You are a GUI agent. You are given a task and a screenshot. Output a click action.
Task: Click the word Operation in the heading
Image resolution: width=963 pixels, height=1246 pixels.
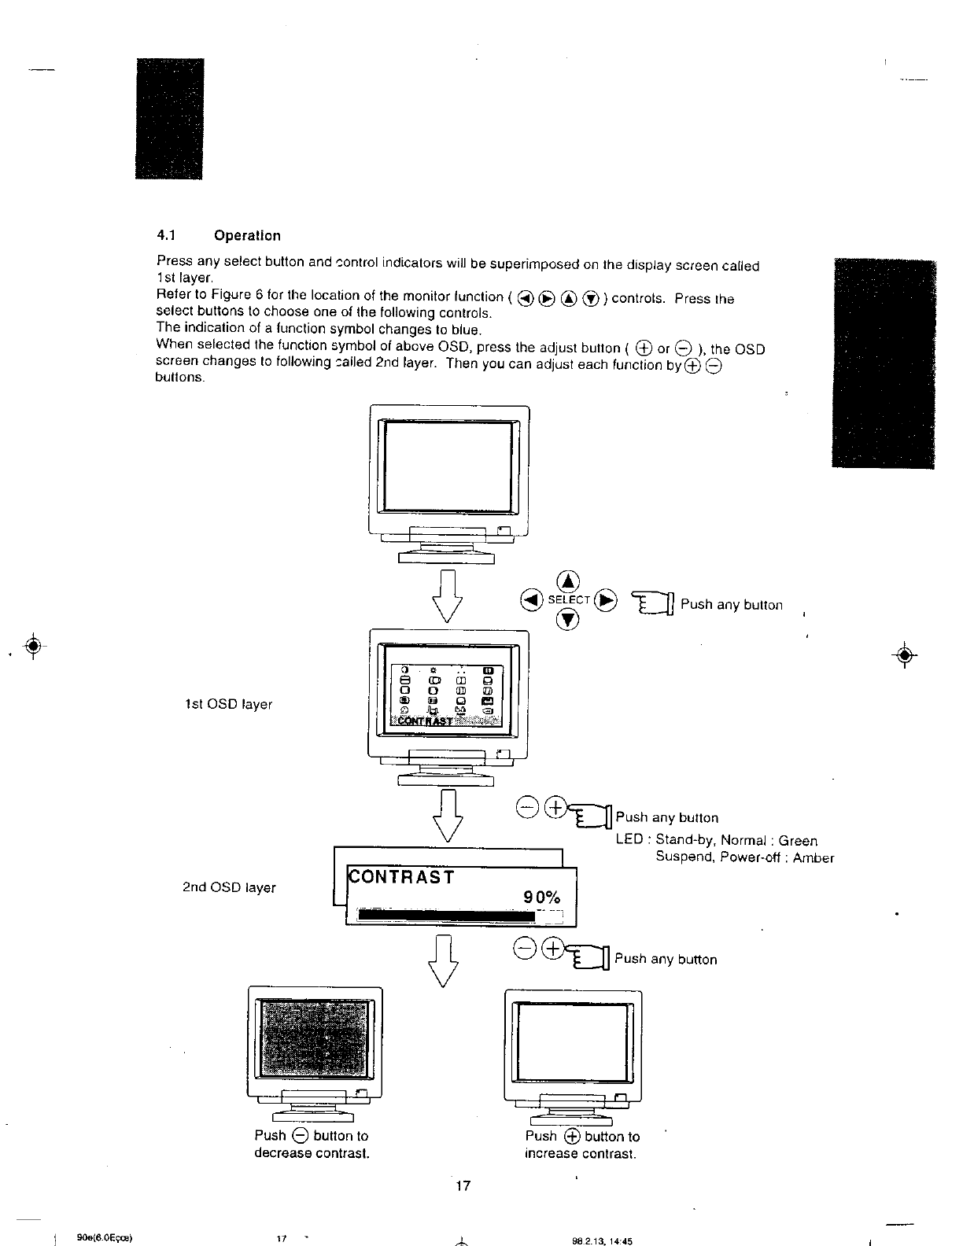tap(246, 235)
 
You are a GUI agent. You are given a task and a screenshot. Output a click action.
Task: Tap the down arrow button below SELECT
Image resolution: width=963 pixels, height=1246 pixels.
tap(569, 620)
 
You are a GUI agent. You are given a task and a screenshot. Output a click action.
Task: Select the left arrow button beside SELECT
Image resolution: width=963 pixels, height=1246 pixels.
tap(532, 600)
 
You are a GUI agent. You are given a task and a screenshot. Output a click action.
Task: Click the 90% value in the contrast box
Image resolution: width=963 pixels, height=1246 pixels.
tap(542, 898)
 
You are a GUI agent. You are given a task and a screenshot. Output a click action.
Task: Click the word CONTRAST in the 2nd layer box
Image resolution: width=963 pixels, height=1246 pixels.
tap(401, 877)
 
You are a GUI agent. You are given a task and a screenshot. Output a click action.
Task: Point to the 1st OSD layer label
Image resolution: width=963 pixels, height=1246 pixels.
tap(227, 704)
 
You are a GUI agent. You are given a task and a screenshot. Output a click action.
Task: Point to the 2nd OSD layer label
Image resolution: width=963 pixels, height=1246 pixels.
tap(229, 887)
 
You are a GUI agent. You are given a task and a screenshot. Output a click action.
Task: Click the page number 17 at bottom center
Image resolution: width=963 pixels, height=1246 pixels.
tap(463, 1185)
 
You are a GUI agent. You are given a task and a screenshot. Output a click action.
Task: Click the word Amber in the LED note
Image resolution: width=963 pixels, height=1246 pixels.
tap(814, 858)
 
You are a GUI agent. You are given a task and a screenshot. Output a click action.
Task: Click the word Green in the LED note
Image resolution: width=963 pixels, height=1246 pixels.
tap(798, 841)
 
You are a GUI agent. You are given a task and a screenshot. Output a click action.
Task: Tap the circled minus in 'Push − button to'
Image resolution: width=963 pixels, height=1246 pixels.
tap(299, 1136)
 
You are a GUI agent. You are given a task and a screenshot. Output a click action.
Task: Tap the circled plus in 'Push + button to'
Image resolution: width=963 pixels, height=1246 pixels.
tap(571, 1136)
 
